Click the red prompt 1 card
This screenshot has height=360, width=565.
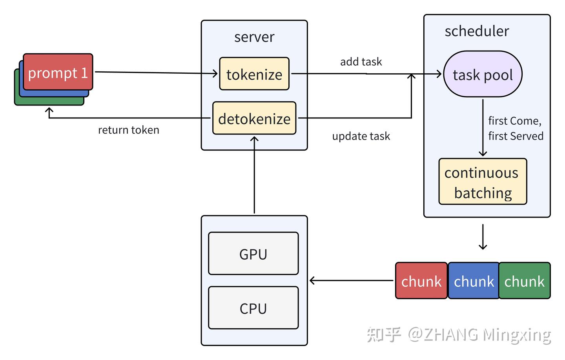point(58,72)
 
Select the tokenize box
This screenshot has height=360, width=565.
point(254,74)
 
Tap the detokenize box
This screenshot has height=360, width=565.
point(254,118)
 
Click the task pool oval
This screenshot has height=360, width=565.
point(483,74)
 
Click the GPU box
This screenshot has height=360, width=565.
point(253,254)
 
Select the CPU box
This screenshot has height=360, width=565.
point(253,308)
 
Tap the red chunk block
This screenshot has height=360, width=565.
point(421,281)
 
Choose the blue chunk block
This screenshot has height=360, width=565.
point(474,281)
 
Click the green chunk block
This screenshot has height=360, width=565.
point(525,281)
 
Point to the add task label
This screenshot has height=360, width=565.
point(361,62)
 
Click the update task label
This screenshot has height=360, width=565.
point(361,136)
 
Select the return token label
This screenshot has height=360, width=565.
point(129,130)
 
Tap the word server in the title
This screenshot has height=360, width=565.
point(254,37)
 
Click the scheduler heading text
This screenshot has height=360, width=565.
point(477,31)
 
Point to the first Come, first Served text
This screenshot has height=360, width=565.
point(516,128)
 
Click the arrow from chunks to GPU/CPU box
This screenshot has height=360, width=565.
point(351,280)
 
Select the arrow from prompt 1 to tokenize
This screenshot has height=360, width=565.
point(157,73)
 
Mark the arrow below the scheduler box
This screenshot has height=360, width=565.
point(483,237)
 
